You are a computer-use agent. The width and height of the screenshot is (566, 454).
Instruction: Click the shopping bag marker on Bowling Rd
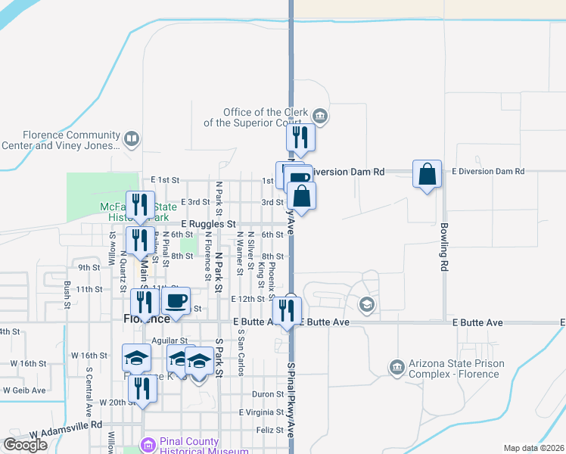[428, 174]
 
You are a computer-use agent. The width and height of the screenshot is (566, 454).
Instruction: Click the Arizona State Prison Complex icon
[396, 368]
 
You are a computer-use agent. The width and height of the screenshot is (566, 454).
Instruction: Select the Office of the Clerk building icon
[320, 116]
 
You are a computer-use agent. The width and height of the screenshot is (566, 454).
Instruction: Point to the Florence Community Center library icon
[132, 139]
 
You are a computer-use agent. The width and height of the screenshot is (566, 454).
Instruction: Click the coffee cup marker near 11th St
[176, 300]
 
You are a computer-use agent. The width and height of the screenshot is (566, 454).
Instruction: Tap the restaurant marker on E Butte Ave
[288, 310]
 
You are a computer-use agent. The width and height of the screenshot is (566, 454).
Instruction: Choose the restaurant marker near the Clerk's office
[300, 138]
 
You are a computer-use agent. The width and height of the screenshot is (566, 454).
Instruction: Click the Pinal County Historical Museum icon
[148, 446]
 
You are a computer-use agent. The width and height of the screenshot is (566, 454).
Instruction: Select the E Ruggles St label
[209, 225]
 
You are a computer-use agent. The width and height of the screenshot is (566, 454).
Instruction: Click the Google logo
[26, 444]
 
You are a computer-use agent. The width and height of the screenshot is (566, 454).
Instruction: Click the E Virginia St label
[261, 412]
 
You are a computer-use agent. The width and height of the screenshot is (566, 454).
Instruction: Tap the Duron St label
[268, 394]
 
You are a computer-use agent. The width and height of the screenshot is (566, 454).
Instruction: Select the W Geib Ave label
[24, 390]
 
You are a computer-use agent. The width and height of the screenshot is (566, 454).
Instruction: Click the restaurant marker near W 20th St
[141, 389]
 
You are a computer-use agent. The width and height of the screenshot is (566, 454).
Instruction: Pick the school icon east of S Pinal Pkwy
[367, 305]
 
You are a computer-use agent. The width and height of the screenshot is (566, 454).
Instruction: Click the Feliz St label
[269, 429]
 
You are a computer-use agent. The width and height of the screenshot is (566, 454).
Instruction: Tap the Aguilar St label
[169, 341]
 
